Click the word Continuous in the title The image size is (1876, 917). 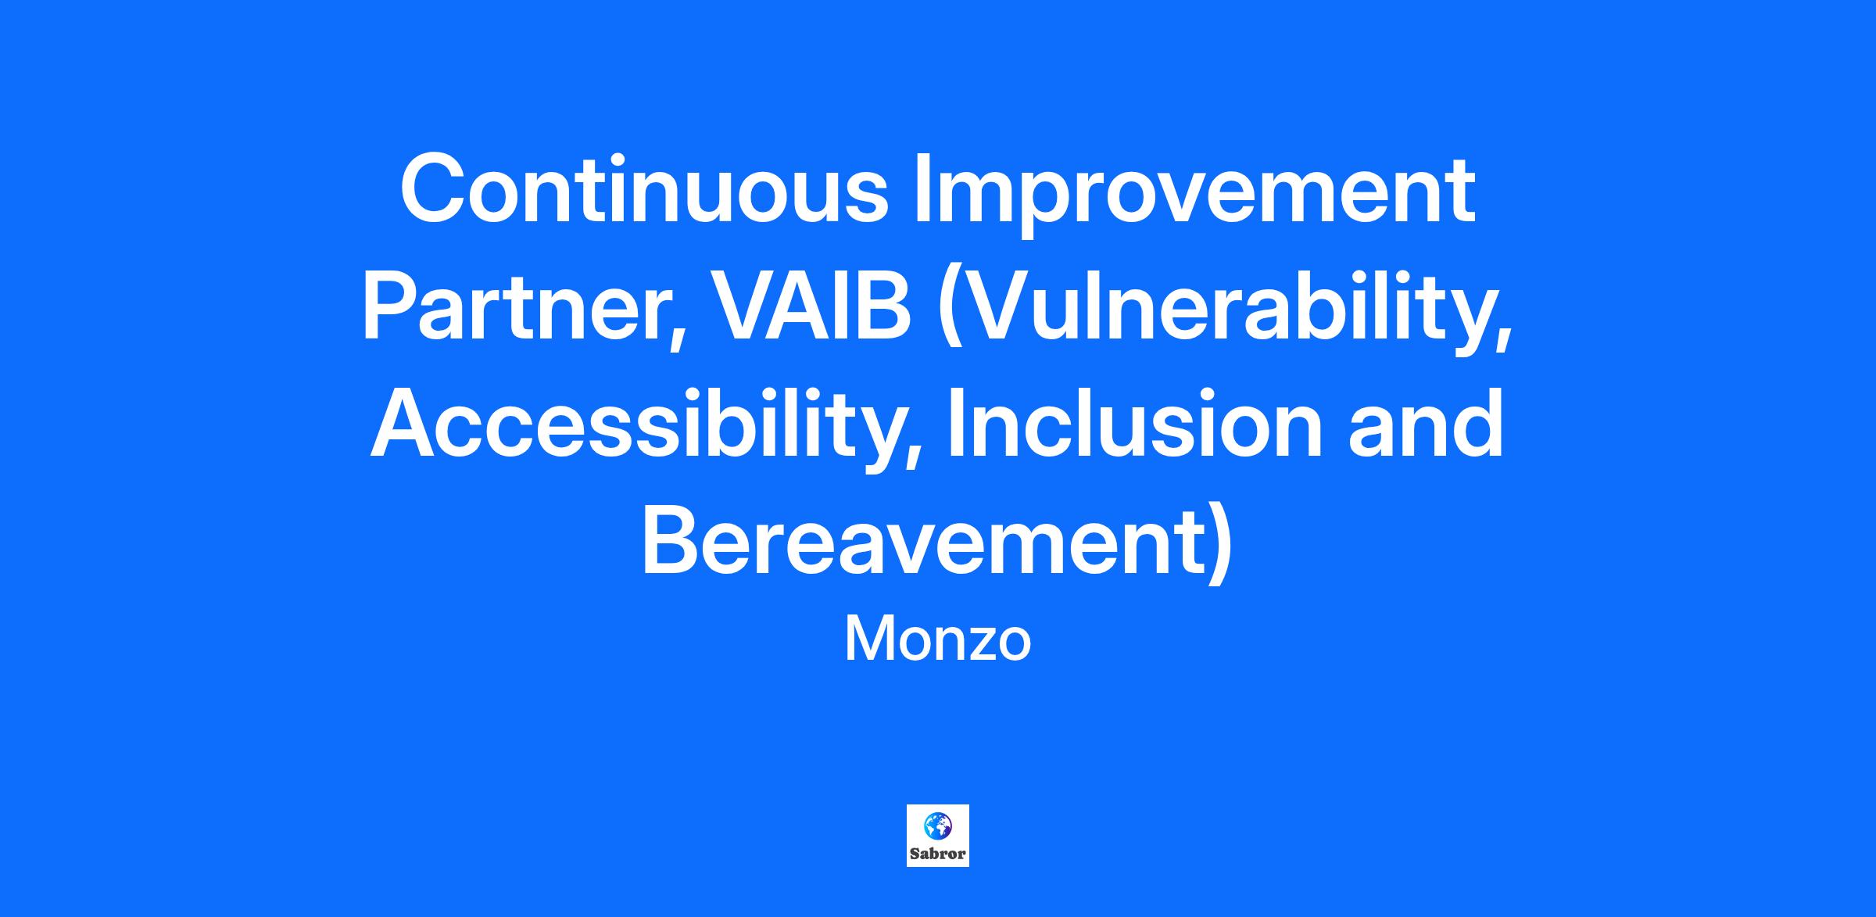[644, 188]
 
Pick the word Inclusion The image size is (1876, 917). [1134, 423]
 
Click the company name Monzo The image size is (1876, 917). [938, 640]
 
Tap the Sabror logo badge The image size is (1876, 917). [938, 836]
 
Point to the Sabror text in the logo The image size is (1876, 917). [938, 854]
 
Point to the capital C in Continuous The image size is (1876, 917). [434, 188]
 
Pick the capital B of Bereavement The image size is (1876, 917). [671, 539]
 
